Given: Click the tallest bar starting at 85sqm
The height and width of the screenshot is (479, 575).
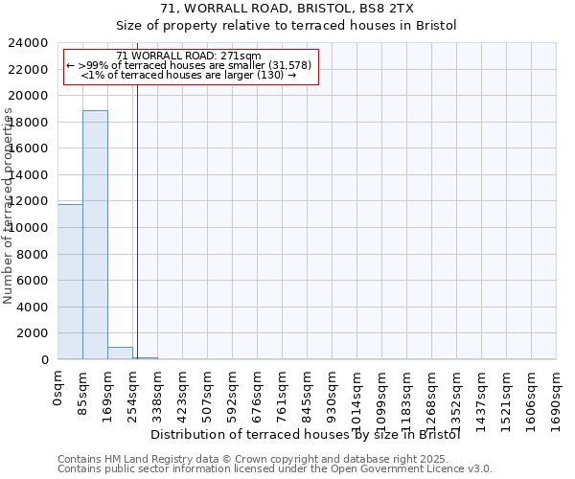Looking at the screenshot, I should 95,235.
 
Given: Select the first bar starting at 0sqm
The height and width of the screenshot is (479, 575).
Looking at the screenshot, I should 70,282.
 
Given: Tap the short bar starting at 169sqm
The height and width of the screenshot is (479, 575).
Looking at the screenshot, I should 120,354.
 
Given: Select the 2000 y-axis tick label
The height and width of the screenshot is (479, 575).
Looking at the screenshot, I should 36,333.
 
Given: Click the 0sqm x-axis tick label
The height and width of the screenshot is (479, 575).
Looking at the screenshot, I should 58,389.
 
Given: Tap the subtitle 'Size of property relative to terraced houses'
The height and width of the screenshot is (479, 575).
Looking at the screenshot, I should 287,26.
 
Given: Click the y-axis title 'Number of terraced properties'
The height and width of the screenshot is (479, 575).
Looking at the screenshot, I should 10,206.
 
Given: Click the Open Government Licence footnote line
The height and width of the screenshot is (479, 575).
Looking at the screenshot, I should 275,468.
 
